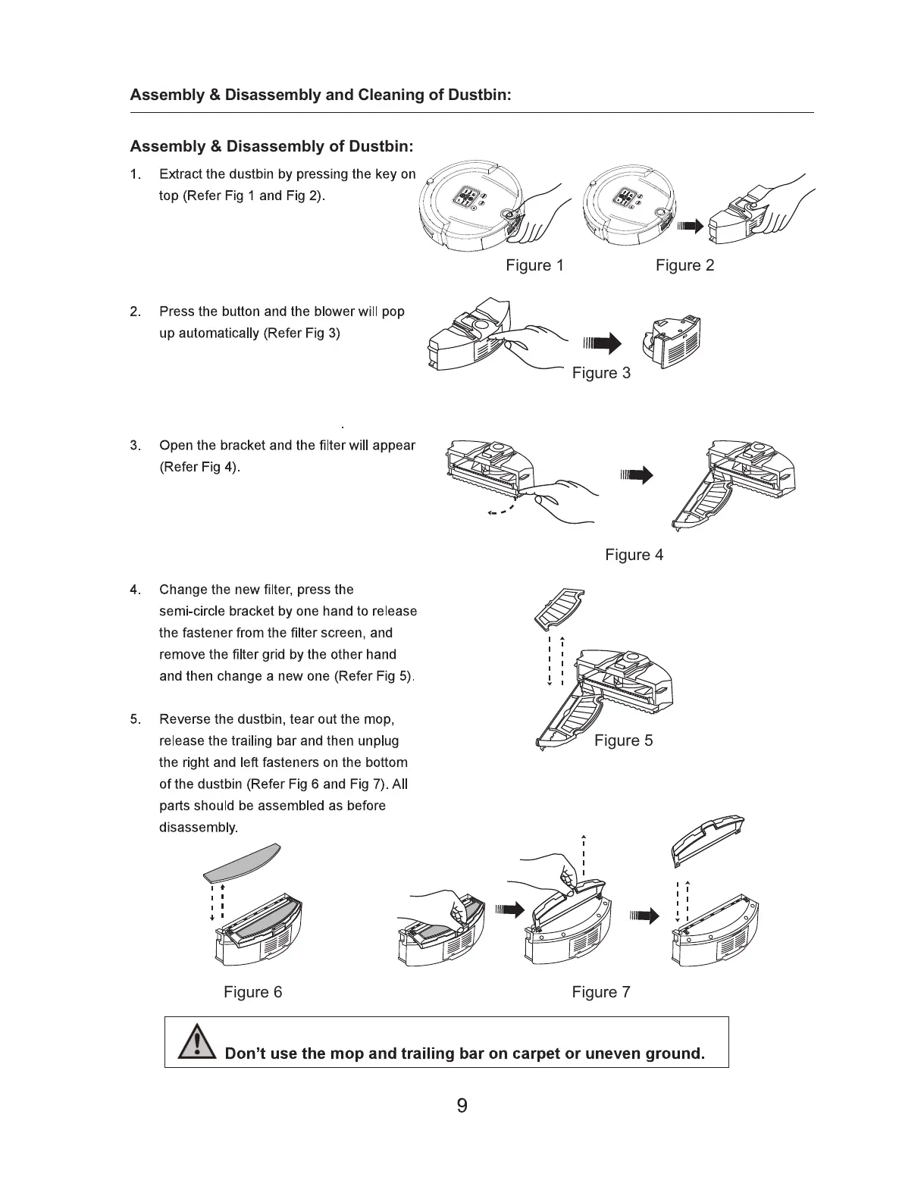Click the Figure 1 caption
coord(534,265)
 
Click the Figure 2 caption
coord(684,265)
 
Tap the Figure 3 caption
coord(601,373)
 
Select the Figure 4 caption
coord(634,555)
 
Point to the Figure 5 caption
coord(623,740)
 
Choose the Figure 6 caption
coord(252,992)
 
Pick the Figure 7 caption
coord(600,992)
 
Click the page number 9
coord(462,1106)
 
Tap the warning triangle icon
coord(196,1042)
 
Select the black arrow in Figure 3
coord(602,344)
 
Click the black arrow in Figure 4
coord(636,476)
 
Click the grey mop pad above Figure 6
coord(242,862)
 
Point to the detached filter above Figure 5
coord(559,608)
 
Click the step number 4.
coord(134,590)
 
